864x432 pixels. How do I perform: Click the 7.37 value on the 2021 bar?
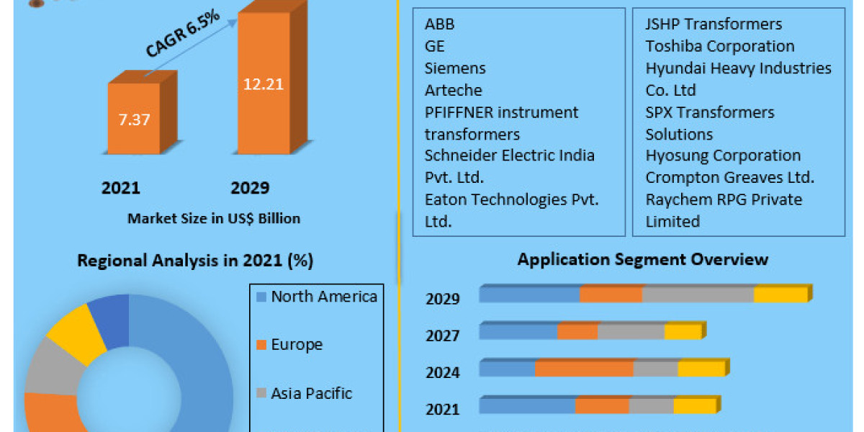point(135,120)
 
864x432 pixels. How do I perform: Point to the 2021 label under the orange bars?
point(121,189)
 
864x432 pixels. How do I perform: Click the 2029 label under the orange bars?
point(250,189)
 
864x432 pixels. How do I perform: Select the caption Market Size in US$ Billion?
point(214,218)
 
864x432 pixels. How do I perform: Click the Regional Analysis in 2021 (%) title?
point(195,261)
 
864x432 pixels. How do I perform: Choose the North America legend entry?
point(323,297)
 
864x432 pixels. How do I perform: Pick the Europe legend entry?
point(296,345)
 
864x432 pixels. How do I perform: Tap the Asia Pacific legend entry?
point(311,393)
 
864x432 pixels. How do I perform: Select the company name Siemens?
point(455,68)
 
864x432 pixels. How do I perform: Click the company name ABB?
point(439,24)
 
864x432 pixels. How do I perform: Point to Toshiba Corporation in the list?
point(720,46)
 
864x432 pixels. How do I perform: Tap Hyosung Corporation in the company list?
point(723,156)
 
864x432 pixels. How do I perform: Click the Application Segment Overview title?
point(642,259)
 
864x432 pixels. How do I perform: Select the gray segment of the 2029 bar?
point(698,294)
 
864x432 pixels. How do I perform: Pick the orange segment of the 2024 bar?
point(584,369)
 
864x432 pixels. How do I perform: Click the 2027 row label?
point(442,336)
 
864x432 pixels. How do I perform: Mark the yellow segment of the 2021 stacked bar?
point(694,406)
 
